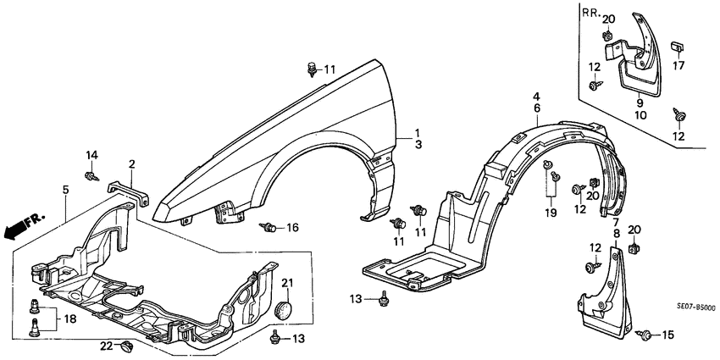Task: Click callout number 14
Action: pyautogui.click(x=91, y=155)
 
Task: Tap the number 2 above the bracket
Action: pyautogui.click(x=131, y=163)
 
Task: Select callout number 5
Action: pyautogui.click(x=65, y=190)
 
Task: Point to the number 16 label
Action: pyautogui.click(x=292, y=227)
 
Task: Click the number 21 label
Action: pyautogui.click(x=286, y=282)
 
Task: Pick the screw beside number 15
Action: pyautogui.click(x=646, y=335)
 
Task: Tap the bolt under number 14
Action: pyautogui.click(x=90, y=175)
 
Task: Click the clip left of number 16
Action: pyautogui.click(x=270, y=227)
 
